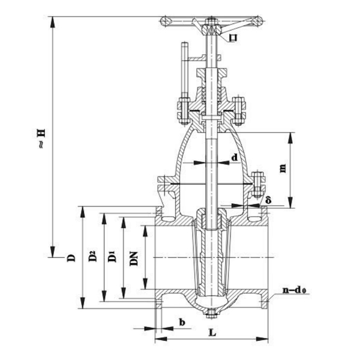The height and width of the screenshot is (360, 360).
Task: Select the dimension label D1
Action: [x=112, y=257]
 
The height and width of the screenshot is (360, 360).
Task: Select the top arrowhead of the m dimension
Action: [x=292, y=133]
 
